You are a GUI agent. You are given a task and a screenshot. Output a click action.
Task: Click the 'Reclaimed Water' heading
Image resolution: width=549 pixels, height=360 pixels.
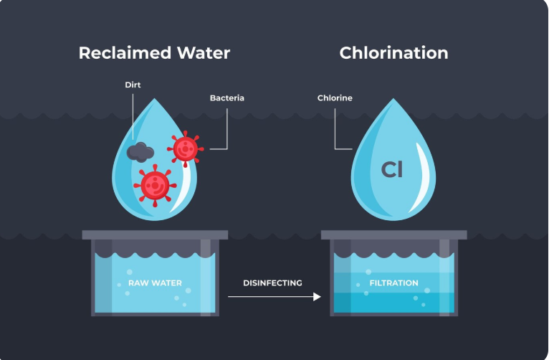(x=154, y=53)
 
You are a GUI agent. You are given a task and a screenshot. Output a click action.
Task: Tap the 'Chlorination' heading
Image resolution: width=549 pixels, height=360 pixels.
(x=393, y=53)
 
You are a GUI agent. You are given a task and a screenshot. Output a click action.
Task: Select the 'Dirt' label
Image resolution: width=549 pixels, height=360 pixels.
(x=133, y=85)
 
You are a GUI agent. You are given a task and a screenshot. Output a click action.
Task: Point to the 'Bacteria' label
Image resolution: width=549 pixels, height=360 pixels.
(x=227, y=98)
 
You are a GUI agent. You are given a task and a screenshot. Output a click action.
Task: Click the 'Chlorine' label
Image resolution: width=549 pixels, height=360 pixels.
(x=335, y=98)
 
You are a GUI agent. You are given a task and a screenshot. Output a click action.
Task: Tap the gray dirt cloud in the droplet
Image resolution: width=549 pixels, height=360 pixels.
(x=140, y=151)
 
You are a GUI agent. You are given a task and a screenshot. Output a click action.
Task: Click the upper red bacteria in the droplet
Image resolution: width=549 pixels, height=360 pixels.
(x=185, y=148)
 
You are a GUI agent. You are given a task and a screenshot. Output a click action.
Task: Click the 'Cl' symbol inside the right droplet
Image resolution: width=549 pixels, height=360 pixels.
(x=392, y=170)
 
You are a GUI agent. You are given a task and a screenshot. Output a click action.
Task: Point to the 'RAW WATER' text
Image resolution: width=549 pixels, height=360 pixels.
(x=155, y=283)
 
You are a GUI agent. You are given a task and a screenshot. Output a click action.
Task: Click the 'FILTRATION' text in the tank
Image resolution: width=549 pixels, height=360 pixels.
(x=393, y=283)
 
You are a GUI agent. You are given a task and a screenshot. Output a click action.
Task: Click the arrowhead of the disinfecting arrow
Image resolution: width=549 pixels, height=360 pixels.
(x=317, y=295)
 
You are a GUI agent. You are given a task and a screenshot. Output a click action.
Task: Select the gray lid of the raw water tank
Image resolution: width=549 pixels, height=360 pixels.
(x=155, y=235)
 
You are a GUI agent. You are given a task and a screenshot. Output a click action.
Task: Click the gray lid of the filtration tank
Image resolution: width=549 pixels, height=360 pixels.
(x=393, y=235)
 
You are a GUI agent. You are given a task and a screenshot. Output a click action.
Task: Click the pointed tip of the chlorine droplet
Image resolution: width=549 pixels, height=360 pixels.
(x=393, y=101)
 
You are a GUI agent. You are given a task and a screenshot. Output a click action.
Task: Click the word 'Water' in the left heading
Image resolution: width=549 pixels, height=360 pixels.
(x=201, y=53)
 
